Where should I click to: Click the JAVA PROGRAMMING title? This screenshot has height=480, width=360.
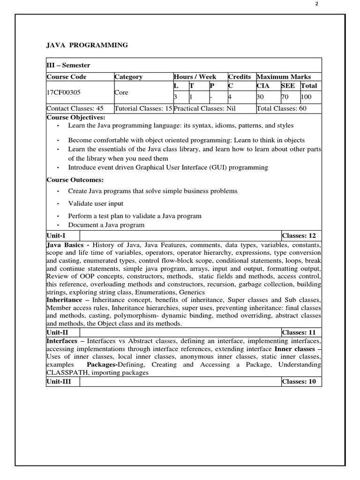click(87, 45)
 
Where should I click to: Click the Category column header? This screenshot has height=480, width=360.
click(128, 77)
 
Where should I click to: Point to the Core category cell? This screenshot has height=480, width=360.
click(121, 93)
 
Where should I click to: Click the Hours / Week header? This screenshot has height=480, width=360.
click(195, 77)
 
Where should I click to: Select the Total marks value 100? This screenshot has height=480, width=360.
click(307, 97)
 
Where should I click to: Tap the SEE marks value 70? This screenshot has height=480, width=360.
click(285, 97)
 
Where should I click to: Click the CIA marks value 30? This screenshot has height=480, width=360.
click(261, 97)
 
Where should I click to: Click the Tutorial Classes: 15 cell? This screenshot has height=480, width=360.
click(143, 108)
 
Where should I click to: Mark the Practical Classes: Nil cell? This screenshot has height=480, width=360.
click(204, 108)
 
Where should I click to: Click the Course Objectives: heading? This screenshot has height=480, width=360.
click(76, 117)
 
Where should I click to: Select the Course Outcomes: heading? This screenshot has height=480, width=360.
click(75, 180)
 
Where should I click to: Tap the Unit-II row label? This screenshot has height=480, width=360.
click(58, 332)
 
